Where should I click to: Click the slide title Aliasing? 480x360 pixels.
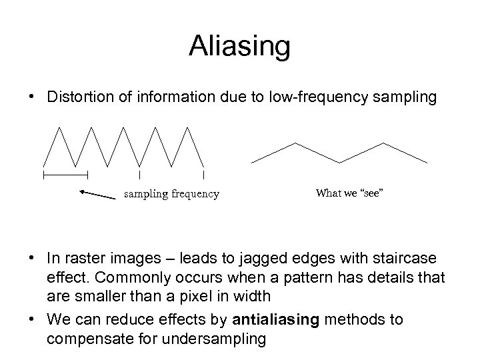coord(239,46)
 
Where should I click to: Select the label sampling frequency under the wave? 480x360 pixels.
coord(171,194)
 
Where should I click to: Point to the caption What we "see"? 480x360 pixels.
coord(350,193)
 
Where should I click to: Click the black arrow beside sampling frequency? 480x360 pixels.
coord(97,195)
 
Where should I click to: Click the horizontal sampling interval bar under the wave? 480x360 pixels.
coord(65,175)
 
